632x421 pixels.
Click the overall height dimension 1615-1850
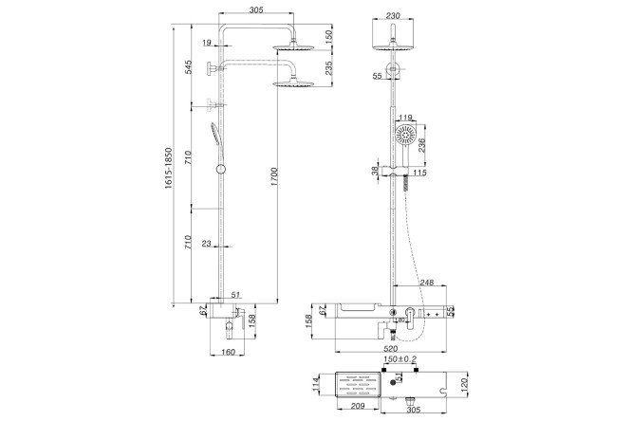tap(168, 168)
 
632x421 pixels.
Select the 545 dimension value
tap(188, 67)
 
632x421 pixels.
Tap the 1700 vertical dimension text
tap(274, 175)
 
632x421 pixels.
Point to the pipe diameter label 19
tap(207, 42)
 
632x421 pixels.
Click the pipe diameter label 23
tap(206, 244)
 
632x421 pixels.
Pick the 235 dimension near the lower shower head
tap(329, 68)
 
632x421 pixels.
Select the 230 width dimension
tap(393, 16)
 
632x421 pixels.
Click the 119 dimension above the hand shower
tap(405, 118)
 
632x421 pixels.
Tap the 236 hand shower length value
tap(421, 145)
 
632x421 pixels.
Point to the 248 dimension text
tap(426, 283)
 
